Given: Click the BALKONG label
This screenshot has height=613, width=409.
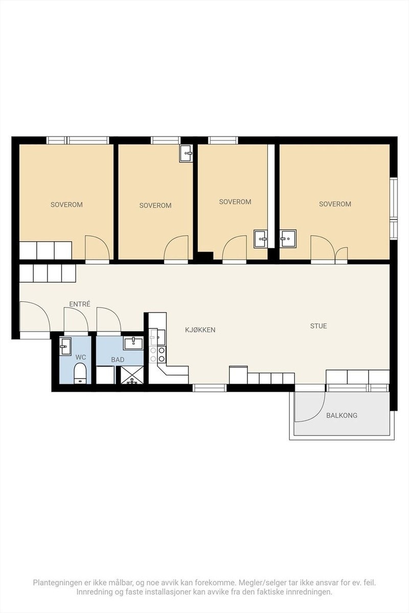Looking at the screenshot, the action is (x=342, y=415).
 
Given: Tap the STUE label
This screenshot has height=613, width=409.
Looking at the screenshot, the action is (x=319, y=326).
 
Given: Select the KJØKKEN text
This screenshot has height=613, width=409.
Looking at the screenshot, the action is (x=200, y=330).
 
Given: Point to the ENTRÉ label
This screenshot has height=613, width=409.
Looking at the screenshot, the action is (x=80, y=304).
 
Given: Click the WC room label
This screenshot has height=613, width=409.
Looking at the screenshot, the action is (x=81, y=357).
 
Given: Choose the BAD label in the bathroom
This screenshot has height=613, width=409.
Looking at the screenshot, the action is (x=118, y=360).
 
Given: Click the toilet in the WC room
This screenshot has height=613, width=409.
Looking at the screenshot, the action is (x=80, y=373).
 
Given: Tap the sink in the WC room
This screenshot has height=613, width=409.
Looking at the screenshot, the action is (x=65, y=346).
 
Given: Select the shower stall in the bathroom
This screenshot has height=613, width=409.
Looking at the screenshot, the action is (x=132, y=375).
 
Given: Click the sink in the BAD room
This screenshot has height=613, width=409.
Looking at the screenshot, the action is (x=133, y=343).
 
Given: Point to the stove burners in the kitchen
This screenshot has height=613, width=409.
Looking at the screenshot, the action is (x=158, y=355).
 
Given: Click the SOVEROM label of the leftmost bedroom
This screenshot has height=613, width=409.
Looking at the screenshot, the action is (x=66, y=204).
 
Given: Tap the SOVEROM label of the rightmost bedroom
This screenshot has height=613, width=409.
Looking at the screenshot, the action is (x=335, y=204).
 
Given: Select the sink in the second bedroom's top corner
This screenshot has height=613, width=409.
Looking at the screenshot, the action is (x=186, y=154).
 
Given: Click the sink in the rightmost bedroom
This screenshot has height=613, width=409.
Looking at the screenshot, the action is (x=288, y=239).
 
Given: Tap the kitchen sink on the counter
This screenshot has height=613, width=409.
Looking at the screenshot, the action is (x=158, y=337).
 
